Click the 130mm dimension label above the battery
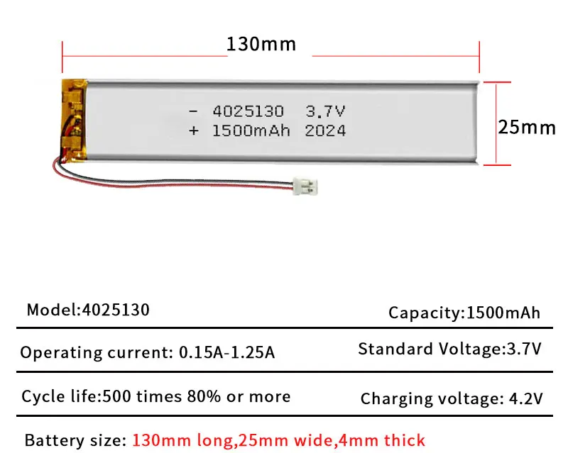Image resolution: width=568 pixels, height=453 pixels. point(261,44)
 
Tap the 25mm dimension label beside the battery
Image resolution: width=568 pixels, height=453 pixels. point(526,128)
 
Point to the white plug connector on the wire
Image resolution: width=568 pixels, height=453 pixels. point(307,187)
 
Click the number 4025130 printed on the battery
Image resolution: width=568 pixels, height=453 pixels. point(248,112)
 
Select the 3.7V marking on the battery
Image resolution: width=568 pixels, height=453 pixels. point(325,112)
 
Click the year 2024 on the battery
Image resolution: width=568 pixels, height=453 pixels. point(325,130)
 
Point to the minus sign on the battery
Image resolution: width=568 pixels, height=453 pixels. point(193,112)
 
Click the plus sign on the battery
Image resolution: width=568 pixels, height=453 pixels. point(193,130)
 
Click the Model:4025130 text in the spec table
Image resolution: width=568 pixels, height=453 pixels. point(88,311)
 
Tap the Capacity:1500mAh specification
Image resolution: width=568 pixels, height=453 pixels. point(464,313)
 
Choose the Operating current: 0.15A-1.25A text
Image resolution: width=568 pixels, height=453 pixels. point(147,352)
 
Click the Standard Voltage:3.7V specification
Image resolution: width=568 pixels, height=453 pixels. point(450,349)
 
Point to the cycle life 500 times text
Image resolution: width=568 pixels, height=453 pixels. point(155,396)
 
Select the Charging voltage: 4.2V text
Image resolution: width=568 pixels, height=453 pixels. point(452,398)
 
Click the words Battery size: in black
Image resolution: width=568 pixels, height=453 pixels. point(72,440)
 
